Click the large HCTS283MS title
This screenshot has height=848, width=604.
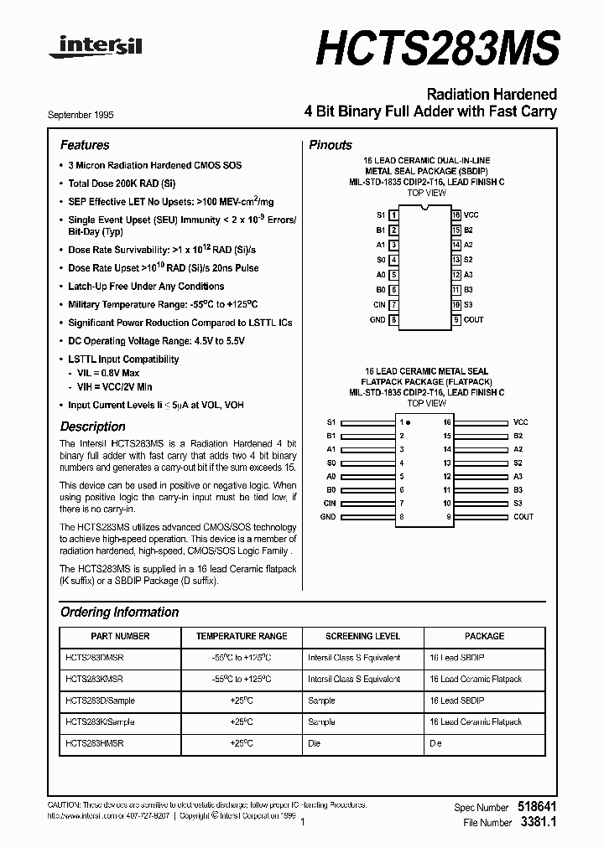[436, 45]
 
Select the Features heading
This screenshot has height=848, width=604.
[85, 145]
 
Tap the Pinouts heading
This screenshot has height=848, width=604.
[331, 145]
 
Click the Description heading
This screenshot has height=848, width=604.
[92, 427]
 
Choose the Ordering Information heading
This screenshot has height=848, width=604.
[119, 612]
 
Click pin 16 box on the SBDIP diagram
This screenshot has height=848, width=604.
[456, 215]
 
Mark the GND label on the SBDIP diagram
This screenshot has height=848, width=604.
[377, 319]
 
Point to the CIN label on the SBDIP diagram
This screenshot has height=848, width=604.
[379, 305]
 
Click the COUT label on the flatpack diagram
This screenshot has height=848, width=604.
[523, 517]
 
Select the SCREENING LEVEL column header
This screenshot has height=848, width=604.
[362, 636]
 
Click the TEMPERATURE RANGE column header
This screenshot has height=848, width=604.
[242, 636]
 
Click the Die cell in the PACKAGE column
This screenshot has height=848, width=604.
[435, 743]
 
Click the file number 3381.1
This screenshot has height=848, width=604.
[538, 822]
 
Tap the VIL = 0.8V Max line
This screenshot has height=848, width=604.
[108, 373]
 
